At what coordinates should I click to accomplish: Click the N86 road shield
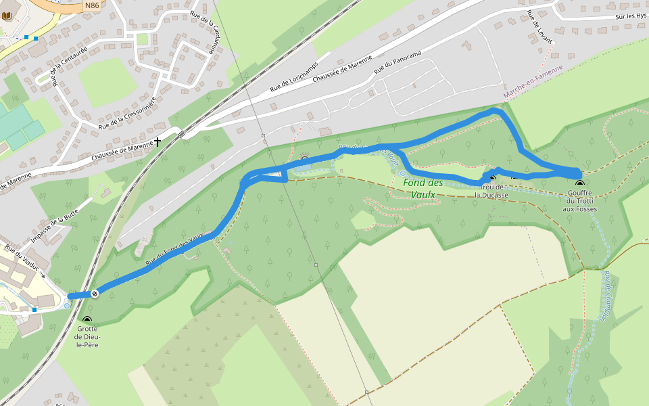click(92, 5)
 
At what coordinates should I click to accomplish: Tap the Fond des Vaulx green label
click(423, 189)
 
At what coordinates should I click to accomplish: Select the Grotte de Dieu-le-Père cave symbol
click(87, 319)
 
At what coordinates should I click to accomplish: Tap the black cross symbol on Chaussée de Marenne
click(158, 141)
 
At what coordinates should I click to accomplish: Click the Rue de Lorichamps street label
click(295, 78)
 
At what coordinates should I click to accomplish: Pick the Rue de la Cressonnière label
click(127, 113)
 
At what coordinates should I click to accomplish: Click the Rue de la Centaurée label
click(70, 64)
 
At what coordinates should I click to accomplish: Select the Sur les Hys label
click(631, 16)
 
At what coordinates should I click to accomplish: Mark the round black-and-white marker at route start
click(95, 294)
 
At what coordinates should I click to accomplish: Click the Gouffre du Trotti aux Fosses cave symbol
click(579, 183)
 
